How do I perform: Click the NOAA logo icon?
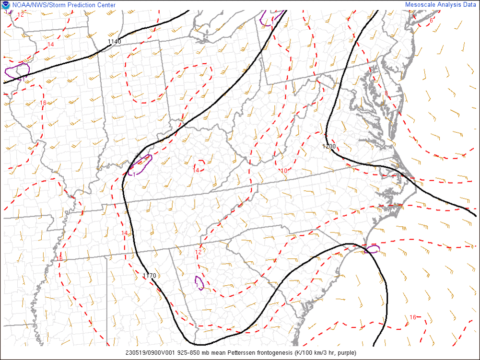[x=5, y=5]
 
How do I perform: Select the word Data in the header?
[x=469, y=5]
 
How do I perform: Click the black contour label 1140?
[x=114, y=42]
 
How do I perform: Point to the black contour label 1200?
[x=329, y=146]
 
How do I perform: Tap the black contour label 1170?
[x=150, y=276]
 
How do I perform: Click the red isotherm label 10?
[x=284, y=171]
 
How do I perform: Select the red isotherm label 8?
[x=386, y=93]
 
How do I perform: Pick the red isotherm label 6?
[x=431, y=20]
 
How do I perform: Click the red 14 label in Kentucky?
[x=196, y=170]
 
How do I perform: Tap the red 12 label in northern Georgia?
[x=198, y=252]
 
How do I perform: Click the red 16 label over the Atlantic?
[x=413, y=317]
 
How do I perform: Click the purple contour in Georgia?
[x=199, y=283]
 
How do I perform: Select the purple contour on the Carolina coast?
[x=372, y=249]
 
